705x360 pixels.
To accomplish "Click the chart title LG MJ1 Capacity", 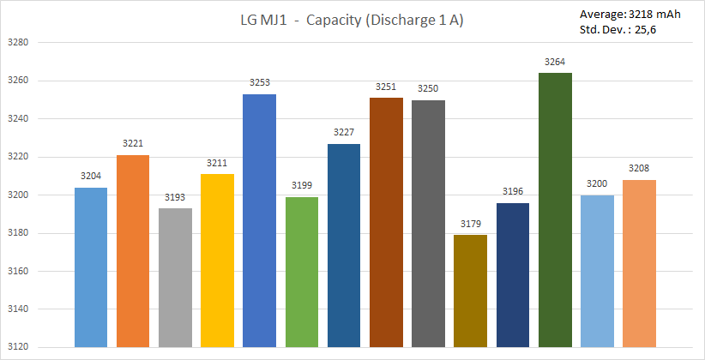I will tap(352, 21).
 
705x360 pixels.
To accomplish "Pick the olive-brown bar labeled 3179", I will tap(471, 291).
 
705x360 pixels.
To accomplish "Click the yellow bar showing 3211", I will tap(218, 261).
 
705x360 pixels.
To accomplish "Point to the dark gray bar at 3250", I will tap(428, 224).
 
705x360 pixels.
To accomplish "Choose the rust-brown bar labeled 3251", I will tap(386, 223).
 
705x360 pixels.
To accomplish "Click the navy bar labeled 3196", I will tap(513, 275).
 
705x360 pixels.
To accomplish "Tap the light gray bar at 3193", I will tap(175, 278).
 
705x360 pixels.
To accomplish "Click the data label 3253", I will tap(260, 83).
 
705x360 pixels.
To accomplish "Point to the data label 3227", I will tap(344, 133).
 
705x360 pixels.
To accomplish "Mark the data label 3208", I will tap(639, 169).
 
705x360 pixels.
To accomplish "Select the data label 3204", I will tap(91, 177).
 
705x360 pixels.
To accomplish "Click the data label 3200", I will tap(597, 184).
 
